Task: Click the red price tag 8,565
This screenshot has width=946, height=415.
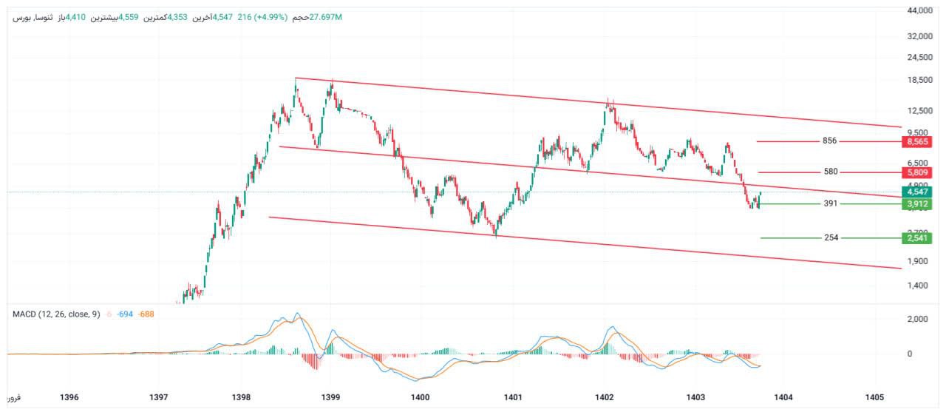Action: coord(916,141)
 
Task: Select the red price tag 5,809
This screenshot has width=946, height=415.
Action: coord(916,172)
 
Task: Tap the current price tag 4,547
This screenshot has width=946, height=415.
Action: coord(916,191)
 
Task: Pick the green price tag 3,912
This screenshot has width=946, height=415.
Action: coord(916,203)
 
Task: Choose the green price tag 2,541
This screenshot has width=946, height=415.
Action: coord(916,238)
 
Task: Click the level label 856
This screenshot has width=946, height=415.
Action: coord(829,141)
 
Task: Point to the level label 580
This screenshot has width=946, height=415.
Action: coord(831,172)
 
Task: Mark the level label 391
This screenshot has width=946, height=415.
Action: coord(831,203)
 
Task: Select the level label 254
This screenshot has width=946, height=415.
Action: coord(831,238)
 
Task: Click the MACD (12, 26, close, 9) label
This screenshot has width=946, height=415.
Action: coord(56,314)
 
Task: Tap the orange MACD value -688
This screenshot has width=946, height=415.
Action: coord(146,314)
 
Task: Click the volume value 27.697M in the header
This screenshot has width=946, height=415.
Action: coord(325,16)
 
